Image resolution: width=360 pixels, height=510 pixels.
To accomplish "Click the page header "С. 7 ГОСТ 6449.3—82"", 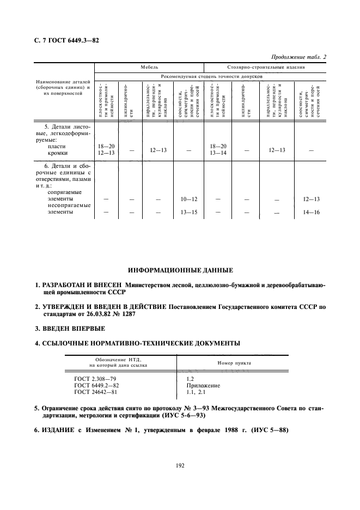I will pos(64,41).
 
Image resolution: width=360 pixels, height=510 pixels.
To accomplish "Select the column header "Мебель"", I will pos(149,68).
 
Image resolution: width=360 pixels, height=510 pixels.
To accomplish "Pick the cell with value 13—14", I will pos(217,154).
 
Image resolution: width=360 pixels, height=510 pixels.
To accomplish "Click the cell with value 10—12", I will pos(188,199).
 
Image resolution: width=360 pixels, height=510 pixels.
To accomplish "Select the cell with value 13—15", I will pos(188,212).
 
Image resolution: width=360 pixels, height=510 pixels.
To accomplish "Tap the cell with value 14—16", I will pos(310,212).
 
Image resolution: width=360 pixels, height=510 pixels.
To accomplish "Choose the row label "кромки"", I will pos(57,154).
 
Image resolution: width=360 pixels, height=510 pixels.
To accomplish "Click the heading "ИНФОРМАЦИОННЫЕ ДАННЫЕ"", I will pos(180,270).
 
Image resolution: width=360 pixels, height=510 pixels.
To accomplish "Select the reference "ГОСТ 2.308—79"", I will pos(95,378).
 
